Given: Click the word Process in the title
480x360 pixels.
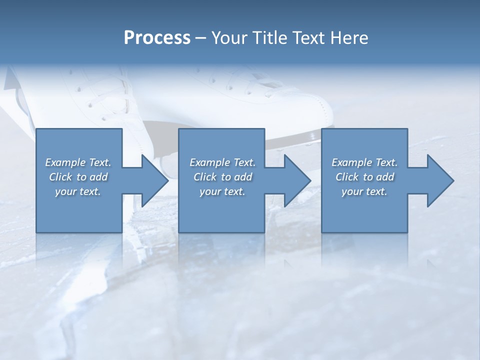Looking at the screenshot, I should tap(157, 37).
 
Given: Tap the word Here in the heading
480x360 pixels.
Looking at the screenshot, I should tap(348, 37).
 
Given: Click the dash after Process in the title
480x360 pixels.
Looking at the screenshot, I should tap(201, 38).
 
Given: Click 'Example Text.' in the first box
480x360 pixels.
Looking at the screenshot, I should tap(78, 162).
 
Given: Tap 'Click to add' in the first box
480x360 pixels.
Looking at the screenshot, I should tap(78, 177).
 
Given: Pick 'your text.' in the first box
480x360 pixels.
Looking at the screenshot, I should tap(78, 191).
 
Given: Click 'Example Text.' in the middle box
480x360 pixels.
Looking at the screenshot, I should tap(222, 162).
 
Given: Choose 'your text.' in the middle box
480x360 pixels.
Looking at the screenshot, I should tap(222, 191).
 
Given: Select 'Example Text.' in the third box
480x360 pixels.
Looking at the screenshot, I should tap(364, 162).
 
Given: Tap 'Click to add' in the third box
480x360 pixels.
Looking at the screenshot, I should tap(365, 177).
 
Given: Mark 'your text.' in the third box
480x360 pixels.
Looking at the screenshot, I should tap(364, 191).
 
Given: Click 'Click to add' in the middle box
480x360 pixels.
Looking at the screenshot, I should tap(222, 177).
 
